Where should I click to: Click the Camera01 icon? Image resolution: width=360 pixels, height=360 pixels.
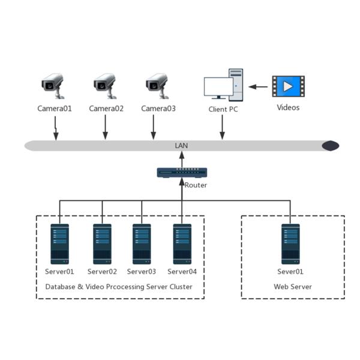[53, 86]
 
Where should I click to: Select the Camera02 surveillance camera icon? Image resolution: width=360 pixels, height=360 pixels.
[105, 86]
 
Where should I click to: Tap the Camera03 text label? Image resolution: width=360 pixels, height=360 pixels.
[158, 109]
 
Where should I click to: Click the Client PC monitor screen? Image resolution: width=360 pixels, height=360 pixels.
[218, 88]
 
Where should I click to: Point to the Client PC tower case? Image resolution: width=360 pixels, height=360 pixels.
[236, 84]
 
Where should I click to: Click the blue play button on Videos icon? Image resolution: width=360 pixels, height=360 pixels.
[288, 86]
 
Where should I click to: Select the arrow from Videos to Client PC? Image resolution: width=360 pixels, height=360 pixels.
[259, 87]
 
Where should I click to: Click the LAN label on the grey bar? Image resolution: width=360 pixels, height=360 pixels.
[181, 146]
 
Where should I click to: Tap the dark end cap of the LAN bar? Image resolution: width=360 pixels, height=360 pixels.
[330, 146]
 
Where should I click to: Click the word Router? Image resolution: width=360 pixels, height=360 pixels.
[196, 185]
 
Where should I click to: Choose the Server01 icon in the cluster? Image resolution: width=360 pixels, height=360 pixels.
[59, 244]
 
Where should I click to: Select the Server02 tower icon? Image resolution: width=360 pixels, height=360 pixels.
[102, 244]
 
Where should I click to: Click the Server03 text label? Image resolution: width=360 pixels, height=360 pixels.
[142, 271]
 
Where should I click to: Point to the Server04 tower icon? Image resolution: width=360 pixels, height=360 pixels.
[182, 244]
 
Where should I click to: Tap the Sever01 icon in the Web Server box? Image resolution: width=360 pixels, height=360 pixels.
[290, 244]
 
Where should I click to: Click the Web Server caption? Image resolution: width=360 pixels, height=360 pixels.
[293, 287]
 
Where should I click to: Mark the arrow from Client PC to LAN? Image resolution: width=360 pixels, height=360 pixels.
[223, 127]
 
